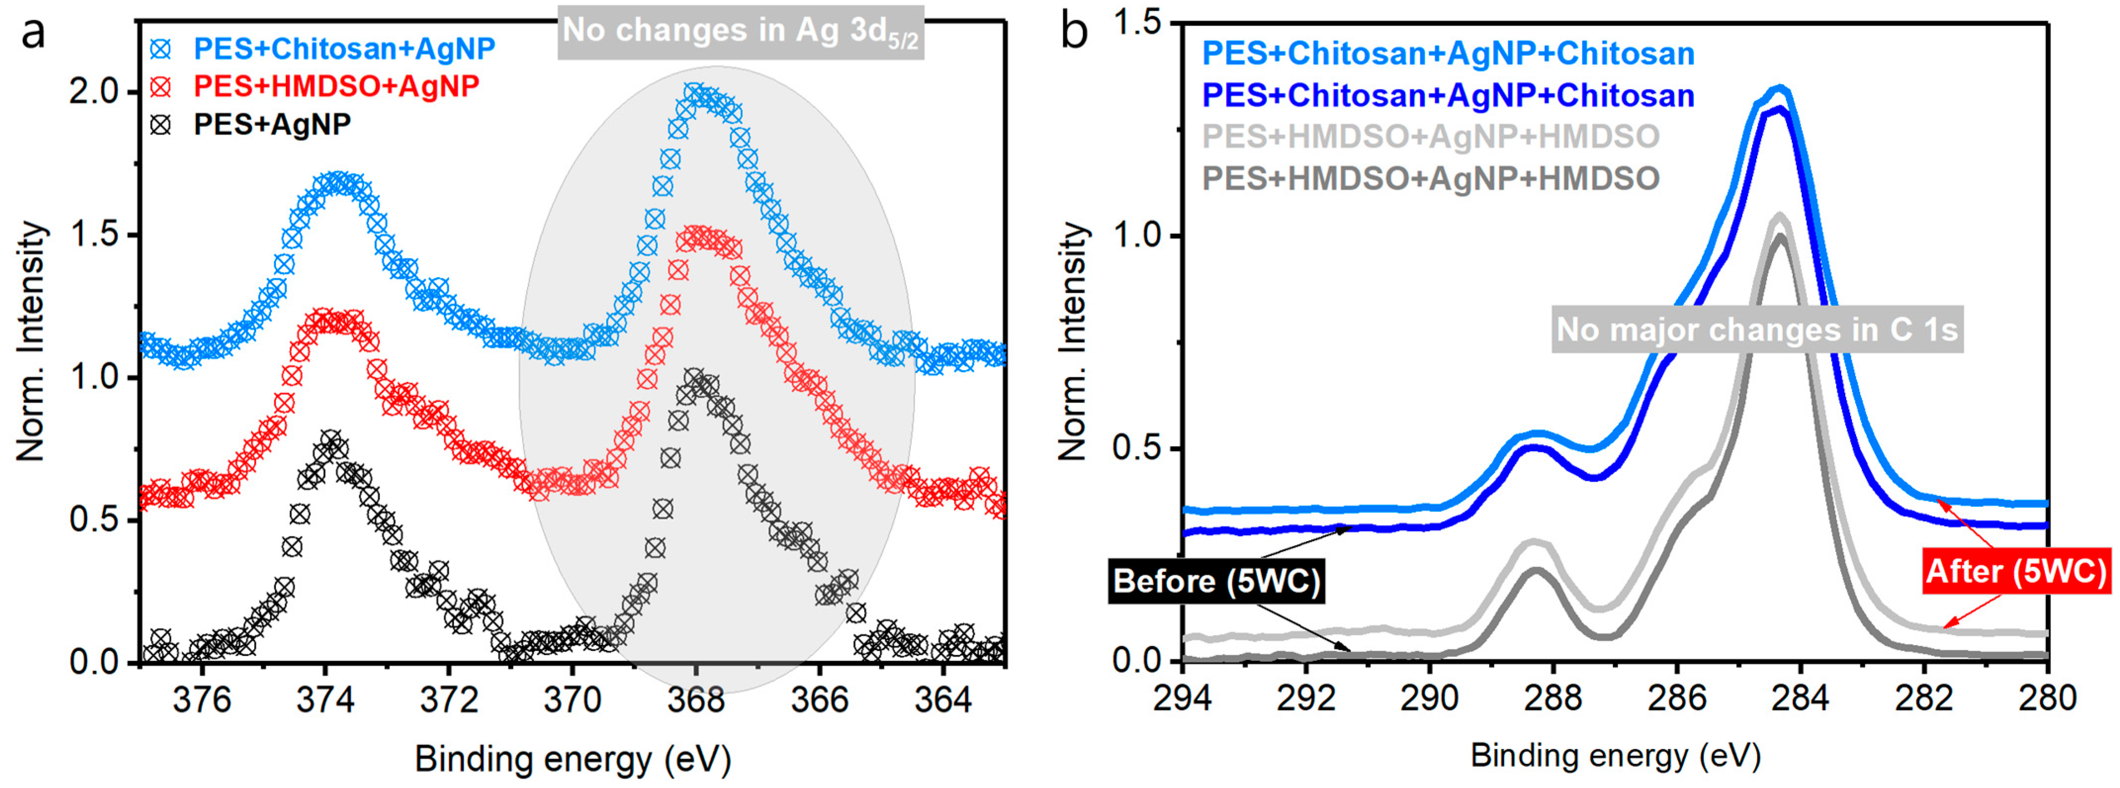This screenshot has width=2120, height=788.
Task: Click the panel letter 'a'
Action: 33,35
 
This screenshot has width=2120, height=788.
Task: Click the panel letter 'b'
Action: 1074,33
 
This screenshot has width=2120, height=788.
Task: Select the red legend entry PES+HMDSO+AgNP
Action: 336,87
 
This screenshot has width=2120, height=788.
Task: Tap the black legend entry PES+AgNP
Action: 271,125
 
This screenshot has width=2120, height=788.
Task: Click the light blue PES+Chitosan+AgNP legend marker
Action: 161,49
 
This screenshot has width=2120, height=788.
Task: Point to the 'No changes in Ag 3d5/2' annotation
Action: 740,31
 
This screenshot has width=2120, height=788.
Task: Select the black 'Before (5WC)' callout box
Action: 1215,581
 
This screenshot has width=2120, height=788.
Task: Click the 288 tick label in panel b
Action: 1553,698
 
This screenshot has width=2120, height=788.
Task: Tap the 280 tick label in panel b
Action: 2047,698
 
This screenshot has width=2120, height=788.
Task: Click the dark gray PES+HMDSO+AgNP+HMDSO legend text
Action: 1430,178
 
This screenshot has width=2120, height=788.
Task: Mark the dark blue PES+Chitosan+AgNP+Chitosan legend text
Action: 1448,95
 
